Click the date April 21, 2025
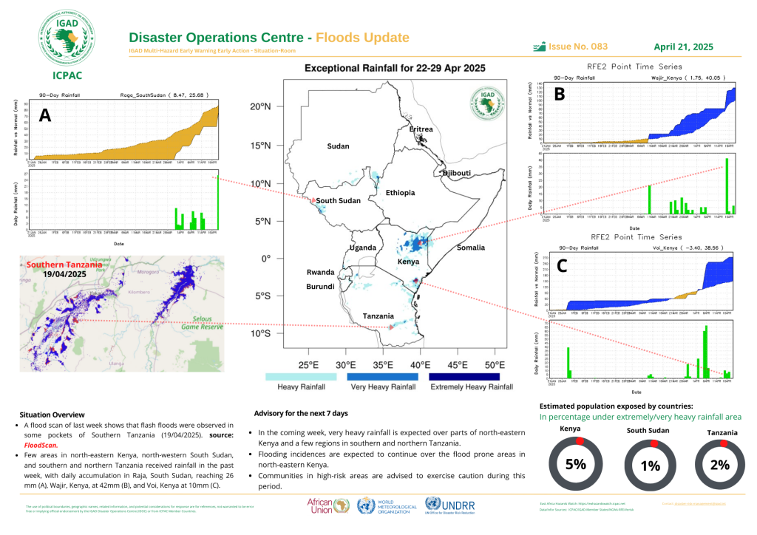pyautogui.click(x=684, y=47)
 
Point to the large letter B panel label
pyautogui.click(x=560, y=94)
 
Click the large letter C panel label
pyautogui.click(x=561, y=267)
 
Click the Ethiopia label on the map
pyautogui.click(x=400, y=193)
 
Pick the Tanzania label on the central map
pyautogui.click(x=378, y=316)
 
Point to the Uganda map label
pyautogui.click(x=363, y=247)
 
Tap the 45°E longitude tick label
pyautogui.click(x=458, y=365)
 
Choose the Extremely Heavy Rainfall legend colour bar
pyautogui.click(x=471, y=376)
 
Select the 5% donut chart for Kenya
pyautogui.click(x=576, y=464)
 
